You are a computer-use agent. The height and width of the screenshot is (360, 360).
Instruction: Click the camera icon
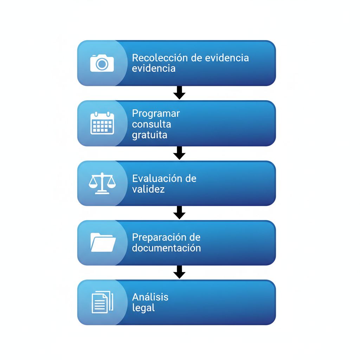click(102, 63)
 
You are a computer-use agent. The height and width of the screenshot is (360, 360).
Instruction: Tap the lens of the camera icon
click(102, 64)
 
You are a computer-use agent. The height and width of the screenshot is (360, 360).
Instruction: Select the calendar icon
click(102, 123)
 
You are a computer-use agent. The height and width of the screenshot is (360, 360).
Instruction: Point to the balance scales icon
click(102, 183)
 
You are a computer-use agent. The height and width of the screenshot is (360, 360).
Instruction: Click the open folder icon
click(103, 242)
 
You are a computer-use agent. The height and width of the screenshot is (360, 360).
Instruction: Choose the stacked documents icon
click(102, 302)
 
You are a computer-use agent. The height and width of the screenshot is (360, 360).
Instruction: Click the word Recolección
click(160, 58)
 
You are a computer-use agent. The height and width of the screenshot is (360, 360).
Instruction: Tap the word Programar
click(156, 114)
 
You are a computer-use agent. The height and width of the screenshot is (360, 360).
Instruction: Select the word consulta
click(152, 124)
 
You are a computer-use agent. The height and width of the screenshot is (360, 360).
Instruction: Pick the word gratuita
click(150, 135)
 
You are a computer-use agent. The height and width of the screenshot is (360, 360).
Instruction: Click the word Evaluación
click(157, 178)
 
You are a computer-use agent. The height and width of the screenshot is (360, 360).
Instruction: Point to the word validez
click(148, 189)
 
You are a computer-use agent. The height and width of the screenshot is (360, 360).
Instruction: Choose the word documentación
click(166, 248)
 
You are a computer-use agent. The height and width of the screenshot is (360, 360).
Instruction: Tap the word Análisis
click(150, 297)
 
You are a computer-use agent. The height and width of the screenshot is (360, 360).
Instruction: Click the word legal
click(143, 308)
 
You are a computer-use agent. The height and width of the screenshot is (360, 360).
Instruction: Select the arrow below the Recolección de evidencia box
click(179, 93)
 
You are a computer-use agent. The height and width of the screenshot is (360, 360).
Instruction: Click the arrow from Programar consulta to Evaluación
click(179, 153)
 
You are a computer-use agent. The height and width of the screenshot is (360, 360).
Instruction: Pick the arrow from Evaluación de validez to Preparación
click(179, 213)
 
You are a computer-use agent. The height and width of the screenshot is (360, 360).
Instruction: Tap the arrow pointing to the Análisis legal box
click(179, 272)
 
